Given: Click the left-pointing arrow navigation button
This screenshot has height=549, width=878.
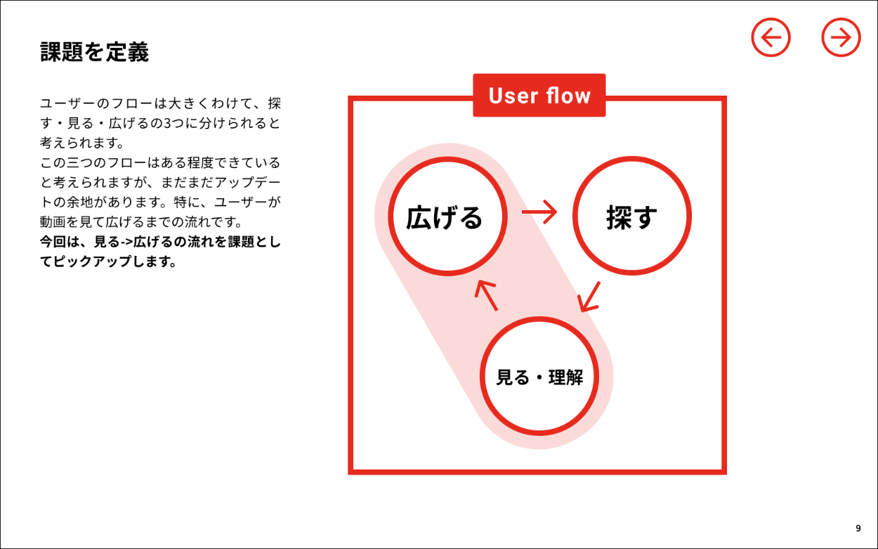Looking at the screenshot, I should tap(771, 37).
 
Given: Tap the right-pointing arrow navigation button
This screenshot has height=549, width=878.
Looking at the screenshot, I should tap(841, 37).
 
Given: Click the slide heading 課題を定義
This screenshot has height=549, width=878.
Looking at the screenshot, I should tap(94, 52).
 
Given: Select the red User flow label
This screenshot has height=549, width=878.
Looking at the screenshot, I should tap(539, 96).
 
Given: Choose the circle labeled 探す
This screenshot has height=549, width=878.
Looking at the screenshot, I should tap(631, 217).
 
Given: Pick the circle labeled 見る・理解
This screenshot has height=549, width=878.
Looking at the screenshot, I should tap(539, 376).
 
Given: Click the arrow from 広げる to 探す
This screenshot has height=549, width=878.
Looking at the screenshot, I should tap(539, 212).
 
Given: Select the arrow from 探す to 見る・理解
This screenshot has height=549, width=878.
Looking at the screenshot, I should tap(590, 296).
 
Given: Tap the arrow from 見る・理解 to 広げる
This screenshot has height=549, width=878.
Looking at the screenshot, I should tap(486, 295).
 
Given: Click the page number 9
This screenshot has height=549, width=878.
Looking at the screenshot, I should tap(858, 528).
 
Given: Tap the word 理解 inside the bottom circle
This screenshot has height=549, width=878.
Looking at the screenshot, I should tap(566, 377).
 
